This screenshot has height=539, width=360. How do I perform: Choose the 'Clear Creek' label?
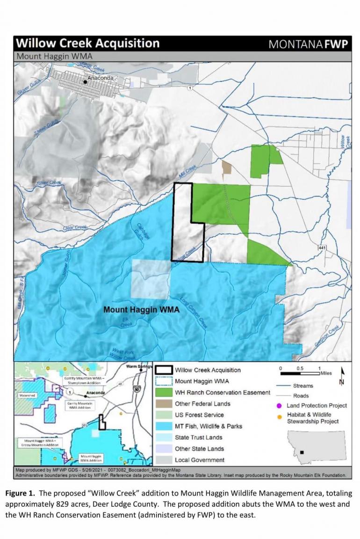pos(75,227)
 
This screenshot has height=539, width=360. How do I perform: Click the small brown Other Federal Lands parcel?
pos(227,168)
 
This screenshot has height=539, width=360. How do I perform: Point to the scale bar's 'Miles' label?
pos(326,373)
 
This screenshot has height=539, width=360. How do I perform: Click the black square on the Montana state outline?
pos(303,452)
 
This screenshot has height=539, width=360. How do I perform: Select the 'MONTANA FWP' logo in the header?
pos(309,44)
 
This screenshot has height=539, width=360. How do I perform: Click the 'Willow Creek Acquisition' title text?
pos(88,44)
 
